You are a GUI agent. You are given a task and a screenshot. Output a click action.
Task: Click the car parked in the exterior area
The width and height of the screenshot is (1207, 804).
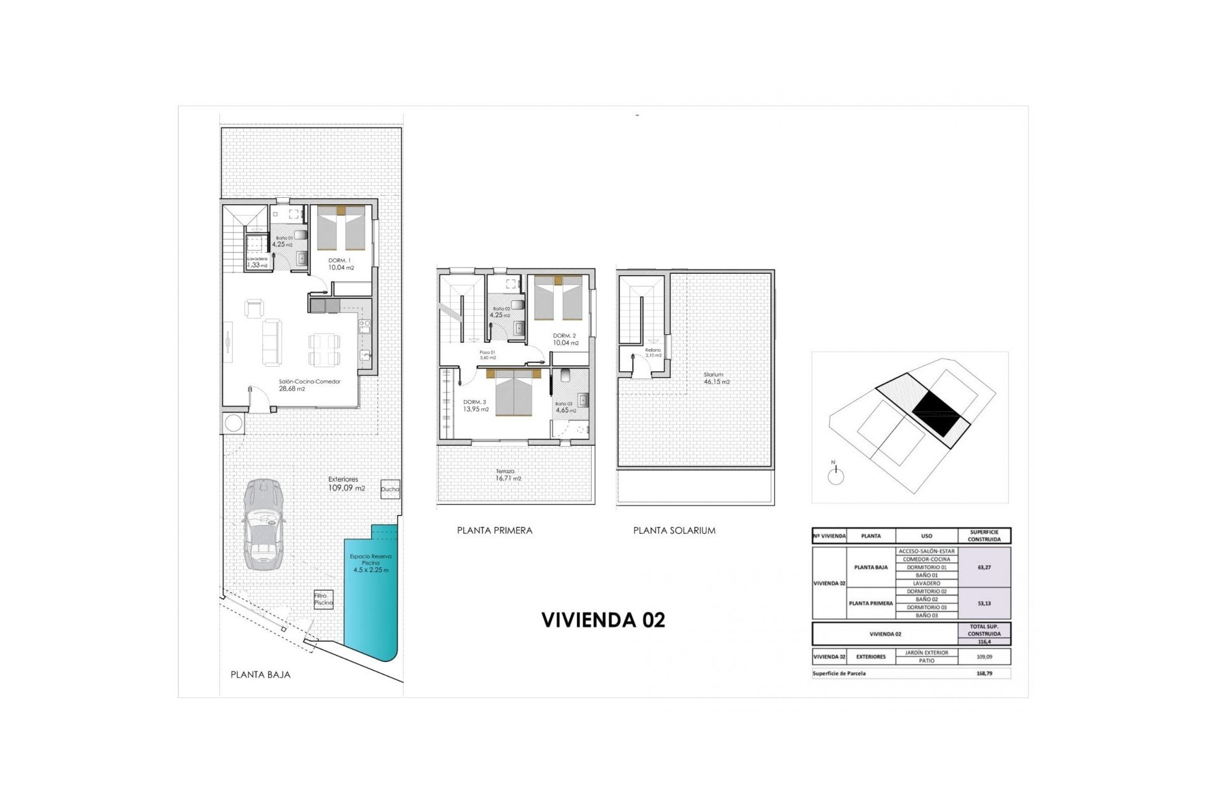pos(262,524)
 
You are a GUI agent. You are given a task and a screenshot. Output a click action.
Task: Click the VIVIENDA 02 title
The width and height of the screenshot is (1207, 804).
pos(603,620)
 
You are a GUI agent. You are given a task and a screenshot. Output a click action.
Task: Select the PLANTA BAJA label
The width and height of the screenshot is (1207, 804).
pos(260,675)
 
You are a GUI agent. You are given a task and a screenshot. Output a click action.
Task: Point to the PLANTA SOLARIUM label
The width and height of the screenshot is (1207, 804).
pos(674,530)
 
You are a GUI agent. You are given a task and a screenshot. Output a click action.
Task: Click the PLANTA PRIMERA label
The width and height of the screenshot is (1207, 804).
pos(494,530)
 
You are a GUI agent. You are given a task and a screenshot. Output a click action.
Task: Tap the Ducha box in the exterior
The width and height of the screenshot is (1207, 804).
pos(389,489)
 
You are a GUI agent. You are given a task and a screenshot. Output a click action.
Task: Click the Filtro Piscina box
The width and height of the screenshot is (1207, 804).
pos(323,599)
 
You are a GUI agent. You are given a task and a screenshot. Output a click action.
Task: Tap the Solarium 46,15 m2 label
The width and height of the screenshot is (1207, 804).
pos(716,378)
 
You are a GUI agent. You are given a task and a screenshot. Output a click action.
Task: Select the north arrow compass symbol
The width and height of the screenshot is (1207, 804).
pos(835,475)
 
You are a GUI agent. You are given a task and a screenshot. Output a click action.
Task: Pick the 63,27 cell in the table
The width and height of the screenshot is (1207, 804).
pos(984,567)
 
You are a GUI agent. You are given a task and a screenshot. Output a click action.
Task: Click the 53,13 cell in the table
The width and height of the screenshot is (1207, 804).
pos(984,603)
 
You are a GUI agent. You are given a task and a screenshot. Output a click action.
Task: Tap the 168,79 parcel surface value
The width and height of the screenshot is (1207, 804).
pos(984,673)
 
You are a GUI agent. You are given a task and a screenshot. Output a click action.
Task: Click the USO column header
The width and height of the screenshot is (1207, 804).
pos(926,536)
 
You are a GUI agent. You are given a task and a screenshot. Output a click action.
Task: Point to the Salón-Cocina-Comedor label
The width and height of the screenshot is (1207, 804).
pos(309,384)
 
